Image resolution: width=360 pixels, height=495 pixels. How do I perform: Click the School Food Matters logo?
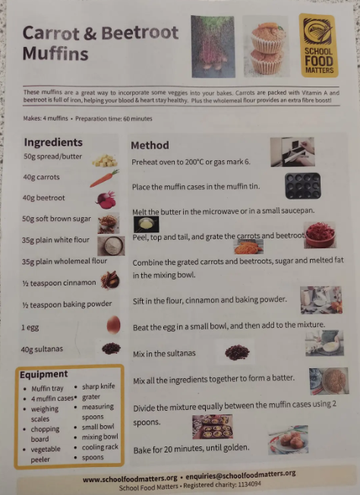click(318, 46)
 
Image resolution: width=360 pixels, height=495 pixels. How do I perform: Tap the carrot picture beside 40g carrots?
click(105, 178)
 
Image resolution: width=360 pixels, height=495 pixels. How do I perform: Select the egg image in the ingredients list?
click(114, 324)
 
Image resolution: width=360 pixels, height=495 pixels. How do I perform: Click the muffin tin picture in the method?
click(302, 185)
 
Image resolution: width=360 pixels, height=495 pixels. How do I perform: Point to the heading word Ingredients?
click(53, 143)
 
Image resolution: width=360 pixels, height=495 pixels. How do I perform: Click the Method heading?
click(150, 145)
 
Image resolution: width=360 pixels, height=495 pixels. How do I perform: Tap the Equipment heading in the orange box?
click(43, 374)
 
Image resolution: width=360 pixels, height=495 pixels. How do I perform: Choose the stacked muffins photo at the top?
click(266, 46)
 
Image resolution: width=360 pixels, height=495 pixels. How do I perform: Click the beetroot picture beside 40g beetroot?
click(106, 200)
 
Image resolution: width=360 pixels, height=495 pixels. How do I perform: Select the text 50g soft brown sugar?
click(56, 219)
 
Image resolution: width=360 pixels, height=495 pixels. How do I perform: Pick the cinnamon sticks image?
click(110, 280)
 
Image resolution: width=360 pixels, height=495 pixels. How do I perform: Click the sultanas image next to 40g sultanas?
click(111, 348)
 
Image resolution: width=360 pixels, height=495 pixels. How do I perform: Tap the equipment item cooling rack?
click(99, 447)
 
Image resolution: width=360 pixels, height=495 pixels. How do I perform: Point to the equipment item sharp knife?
click(99, 386)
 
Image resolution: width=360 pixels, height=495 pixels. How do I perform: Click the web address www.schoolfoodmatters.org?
click(130, 479)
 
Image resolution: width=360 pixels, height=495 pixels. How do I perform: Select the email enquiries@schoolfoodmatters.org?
click(241, 475)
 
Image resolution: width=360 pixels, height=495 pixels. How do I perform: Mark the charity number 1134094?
click(249, 484)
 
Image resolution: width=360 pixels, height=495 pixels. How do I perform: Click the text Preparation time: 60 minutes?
click(114, 118)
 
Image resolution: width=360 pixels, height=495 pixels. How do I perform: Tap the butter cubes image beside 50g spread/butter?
click(105, 160)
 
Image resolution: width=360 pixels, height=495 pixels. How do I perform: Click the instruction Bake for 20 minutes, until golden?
click(191, 449)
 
